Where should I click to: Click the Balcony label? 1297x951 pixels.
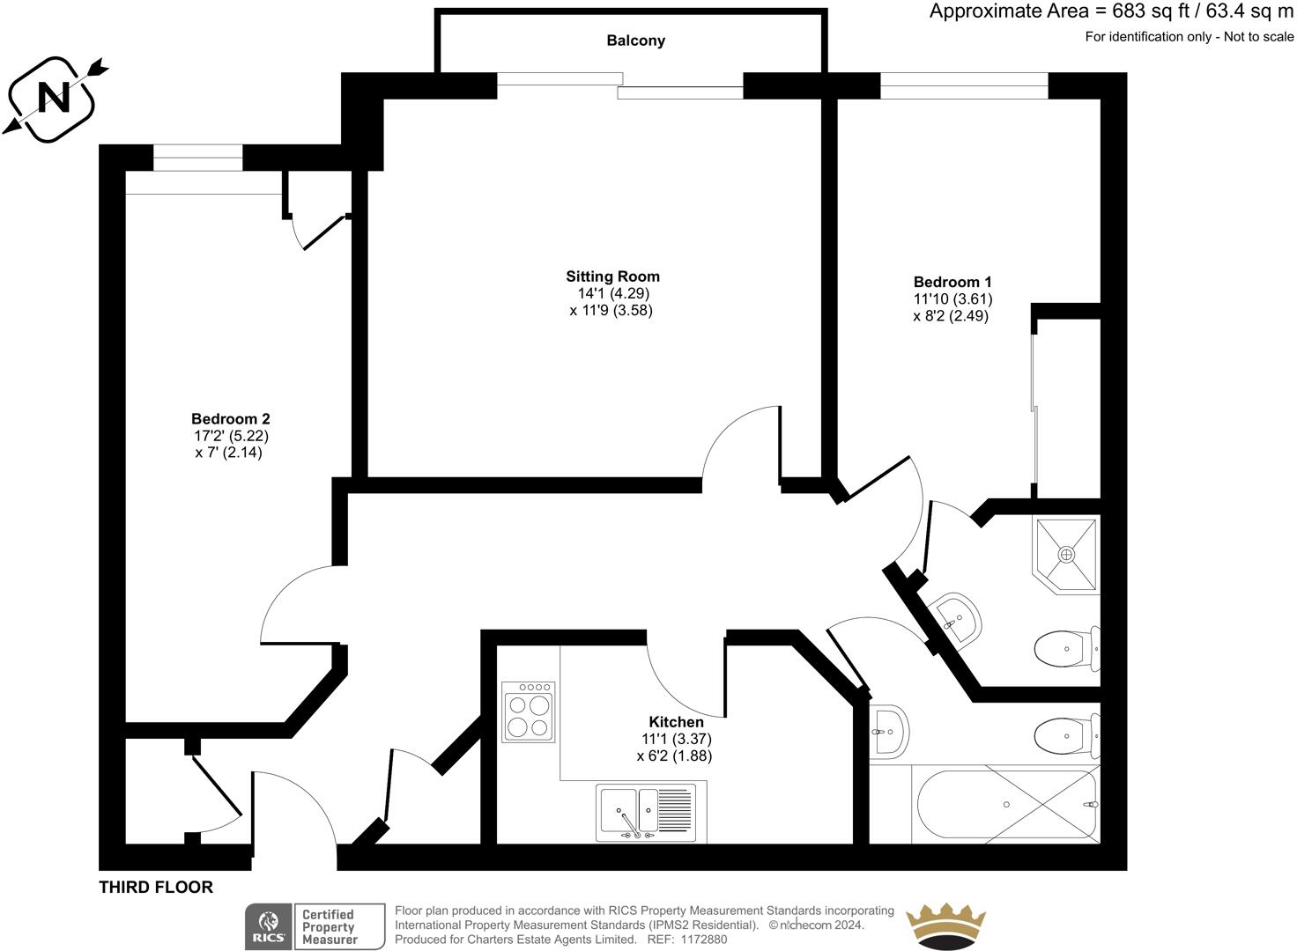click(x=635, y=41)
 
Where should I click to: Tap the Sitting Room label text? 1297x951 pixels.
click(x=612, y=276)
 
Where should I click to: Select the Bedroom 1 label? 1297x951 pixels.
click(x=952, y=282)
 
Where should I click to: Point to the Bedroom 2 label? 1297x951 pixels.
click(x=230, y=418)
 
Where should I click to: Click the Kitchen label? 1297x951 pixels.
click(x=676, y=722)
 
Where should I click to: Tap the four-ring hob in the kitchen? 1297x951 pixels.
click(x=528, y=711)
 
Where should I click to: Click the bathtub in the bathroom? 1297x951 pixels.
click(x=1006, y=806)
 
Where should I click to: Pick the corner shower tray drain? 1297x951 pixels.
click(x=1067, y=555)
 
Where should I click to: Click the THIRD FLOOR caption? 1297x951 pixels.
click(x=156, y=887)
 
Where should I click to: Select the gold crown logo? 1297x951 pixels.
click(x=945, y=926)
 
